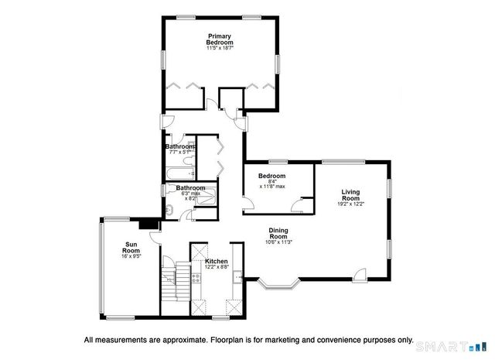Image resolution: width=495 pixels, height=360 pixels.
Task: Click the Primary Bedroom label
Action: click(220, 39)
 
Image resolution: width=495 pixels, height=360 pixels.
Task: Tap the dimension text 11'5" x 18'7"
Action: click(220, 49)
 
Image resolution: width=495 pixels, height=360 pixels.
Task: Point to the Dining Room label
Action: click(278, 233)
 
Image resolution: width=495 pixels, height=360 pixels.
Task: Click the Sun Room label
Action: click(132, 249)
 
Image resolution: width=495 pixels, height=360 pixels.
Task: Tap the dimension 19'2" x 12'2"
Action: click(350, 204)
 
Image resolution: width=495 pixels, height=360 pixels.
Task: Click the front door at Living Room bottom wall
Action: click(359, 274)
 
